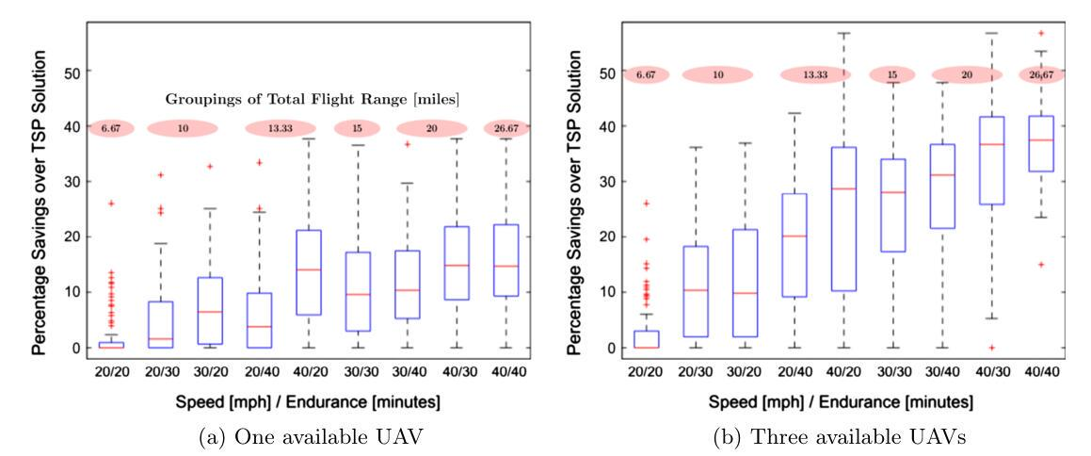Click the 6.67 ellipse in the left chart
point(111,128)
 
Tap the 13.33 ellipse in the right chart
point(815,74)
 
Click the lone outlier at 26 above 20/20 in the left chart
point(111,204)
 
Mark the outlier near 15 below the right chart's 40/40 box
point(1040,265)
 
